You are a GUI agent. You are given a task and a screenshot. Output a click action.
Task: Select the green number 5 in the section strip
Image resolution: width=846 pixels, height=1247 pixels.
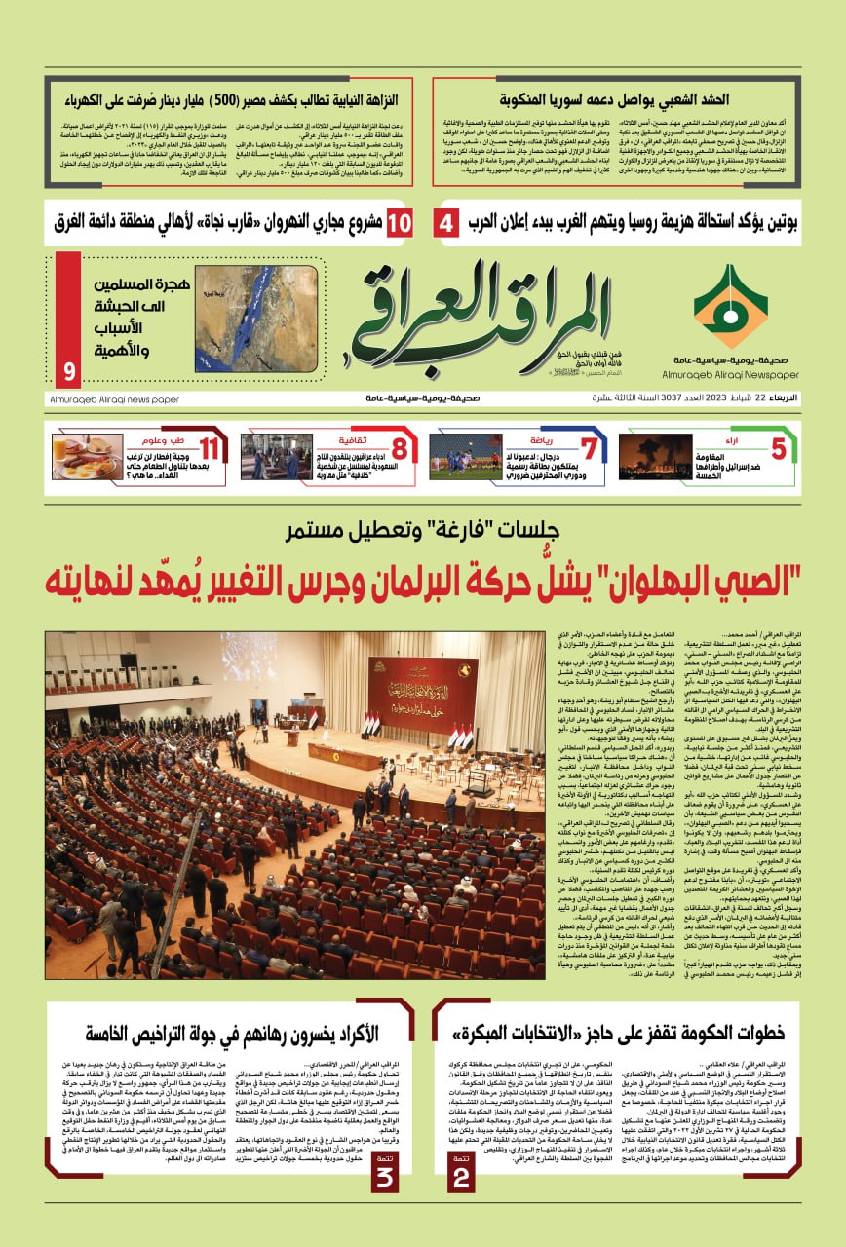(x=778, y=450)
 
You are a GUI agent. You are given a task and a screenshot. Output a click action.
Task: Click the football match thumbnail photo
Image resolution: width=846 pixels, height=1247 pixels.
(x=465, y=456)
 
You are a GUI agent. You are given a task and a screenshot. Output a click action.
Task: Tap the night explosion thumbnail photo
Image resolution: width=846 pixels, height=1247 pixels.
(x=655, y=456)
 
